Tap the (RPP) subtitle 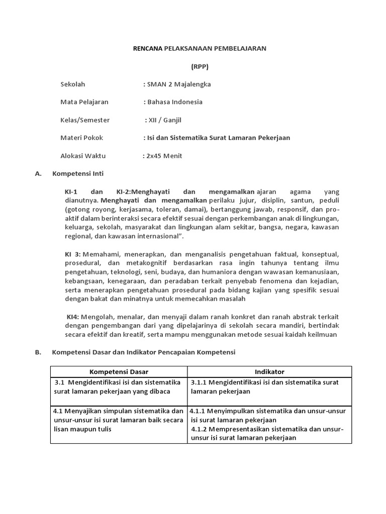(x=199, y=66)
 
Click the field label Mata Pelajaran (x=84, y=102)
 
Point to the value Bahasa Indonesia (x=175, y=102)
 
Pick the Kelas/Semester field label (x=85, y=120)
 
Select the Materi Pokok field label (x=81, y=138)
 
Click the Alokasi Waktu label (x=83, y=156)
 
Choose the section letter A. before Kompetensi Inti (x=38, y=174)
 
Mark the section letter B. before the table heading (x=38, y=353)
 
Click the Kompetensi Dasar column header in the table (x=119, y=372)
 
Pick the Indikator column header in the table (x=269, y=372)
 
